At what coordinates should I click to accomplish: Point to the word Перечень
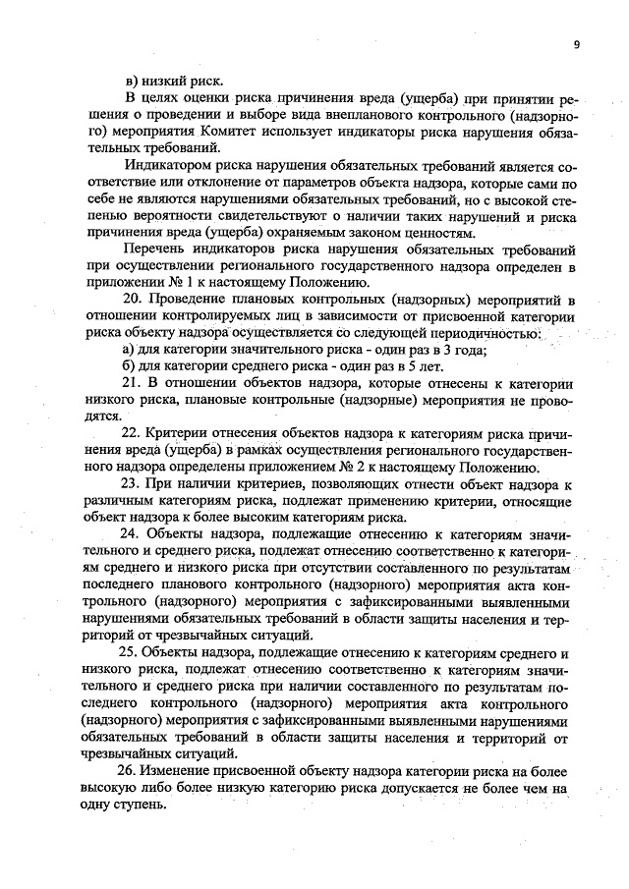click(155, 250)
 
